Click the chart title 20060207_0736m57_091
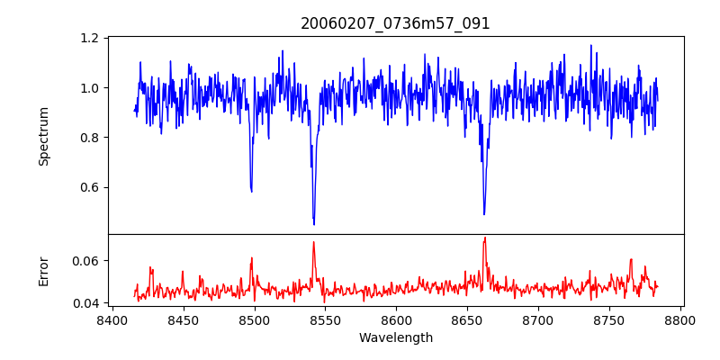click(x=396, y=23)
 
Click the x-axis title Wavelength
click(x=396, y=337)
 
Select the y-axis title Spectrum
click(x=43, y=136)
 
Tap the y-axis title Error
click(x=43, y=271)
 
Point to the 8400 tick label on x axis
click(x=112, y=319)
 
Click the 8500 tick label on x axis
click(x=254, y=319)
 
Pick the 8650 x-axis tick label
click(x=467, y=319)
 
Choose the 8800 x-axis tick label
click(x=680, y=319)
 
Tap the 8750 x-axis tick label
click(x=609, y=319)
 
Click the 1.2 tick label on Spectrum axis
click(x=90, y=38)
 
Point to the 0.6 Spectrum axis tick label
click(x=90, y=187)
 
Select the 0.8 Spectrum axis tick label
click(x=90, y=138)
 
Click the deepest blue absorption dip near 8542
click(x=313, y=223)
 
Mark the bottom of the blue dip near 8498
click(x=252, y=191)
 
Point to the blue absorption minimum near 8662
click(x=484, y=214)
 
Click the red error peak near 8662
click(x=484, y=238)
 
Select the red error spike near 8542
click(x=313, y=242)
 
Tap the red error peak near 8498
click(x=252, y=258)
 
